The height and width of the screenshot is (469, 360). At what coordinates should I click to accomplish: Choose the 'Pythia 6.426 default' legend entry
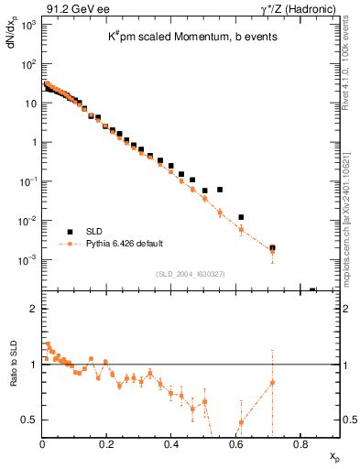pos(125,244)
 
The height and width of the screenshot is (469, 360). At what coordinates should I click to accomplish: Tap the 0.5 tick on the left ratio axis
pos(28,420)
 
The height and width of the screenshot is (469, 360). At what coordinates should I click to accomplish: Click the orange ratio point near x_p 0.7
pos(272,382)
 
